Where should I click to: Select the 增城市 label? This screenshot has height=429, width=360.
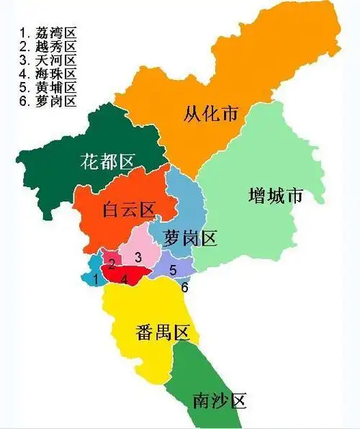[274, 195]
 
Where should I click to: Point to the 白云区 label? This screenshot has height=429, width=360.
[129, 209]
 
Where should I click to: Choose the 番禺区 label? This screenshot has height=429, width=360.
[162, 333]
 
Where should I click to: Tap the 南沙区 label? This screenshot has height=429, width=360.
[220, 399]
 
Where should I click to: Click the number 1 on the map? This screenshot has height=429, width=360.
[95, 279]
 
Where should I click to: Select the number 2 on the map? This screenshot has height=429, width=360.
[112, 263]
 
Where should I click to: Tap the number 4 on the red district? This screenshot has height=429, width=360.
[125, 279]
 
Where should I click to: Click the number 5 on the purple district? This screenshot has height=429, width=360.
[173, 270]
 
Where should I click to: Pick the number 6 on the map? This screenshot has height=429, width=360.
[184, 287]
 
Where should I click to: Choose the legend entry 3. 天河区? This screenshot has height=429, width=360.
[48, 60]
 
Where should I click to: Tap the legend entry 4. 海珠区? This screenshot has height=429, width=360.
[48, 73]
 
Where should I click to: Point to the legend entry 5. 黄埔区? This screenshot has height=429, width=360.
[48, 87]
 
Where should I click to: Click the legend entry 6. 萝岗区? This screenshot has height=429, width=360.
[48, 101]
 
